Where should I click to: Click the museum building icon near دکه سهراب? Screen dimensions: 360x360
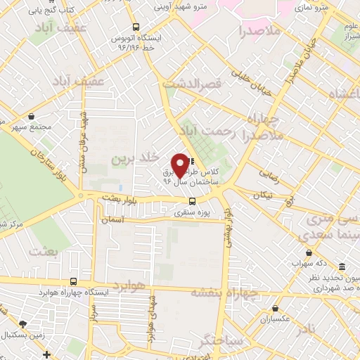tap(342, 267)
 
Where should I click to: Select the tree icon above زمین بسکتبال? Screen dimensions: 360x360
tap(23, 324)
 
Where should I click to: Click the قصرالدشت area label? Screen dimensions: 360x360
tap(191, 83)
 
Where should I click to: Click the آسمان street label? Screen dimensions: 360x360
tap(112, 219)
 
